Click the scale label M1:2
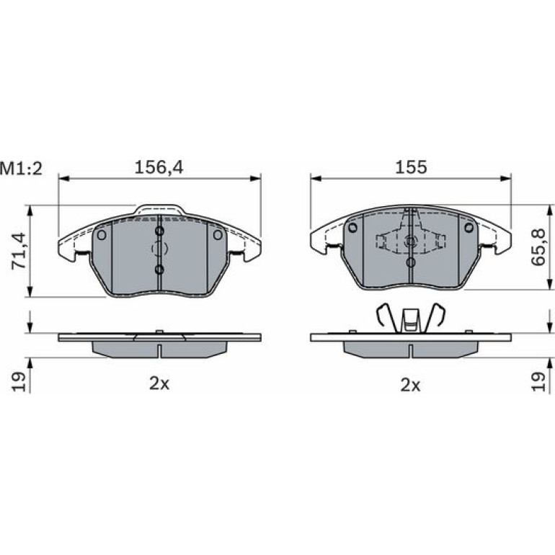pyautogui.click(x=21, y=169)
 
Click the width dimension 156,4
pyautogui.click(x=159, y=167)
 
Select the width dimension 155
pyautogui.click(x=411, y=167)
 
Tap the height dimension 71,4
pyautogui.click(x=19, y=251)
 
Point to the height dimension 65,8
pyautogui.click(x=538, y=247)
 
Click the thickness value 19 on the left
pyautogui.click(x=19, y=381)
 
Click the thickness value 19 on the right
pyautogui.click(x=538, y=381)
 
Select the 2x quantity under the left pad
pyautogui.click(x=159, y=383)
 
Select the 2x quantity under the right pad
pyautogui.click(x=410, y=385)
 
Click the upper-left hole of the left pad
pyautogui.click(x=102, y=235)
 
